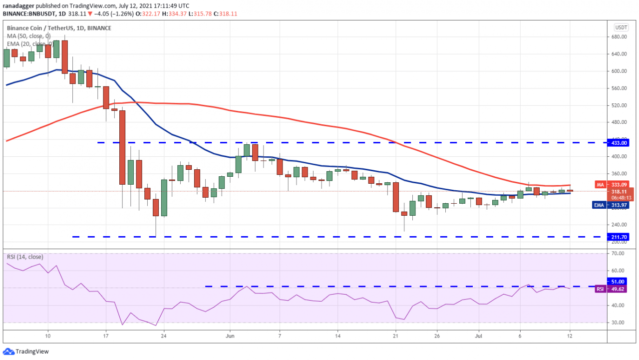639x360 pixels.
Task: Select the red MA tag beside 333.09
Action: pos(601,184)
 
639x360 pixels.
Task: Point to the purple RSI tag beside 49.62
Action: pos(601,289)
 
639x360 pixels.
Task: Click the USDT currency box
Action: pos(621,27)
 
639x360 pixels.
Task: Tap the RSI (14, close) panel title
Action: pos(25,257)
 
